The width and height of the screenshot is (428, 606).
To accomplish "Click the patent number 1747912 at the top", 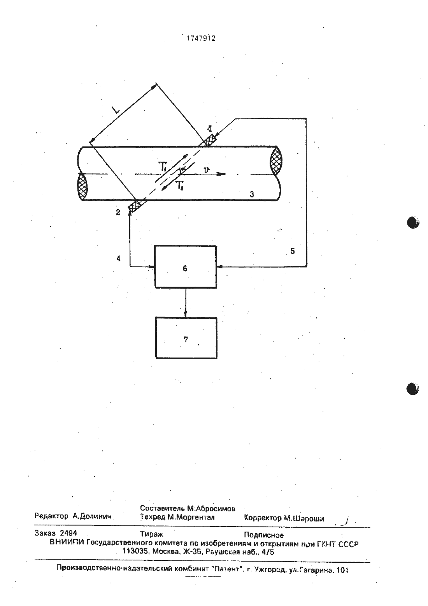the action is point(202,39).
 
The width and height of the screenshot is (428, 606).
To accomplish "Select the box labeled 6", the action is point(185,267).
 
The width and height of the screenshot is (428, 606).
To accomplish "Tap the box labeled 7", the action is point(186,338).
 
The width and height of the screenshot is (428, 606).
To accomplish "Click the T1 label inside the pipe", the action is point(163,167).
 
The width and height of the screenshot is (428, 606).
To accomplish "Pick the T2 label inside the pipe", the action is point(180,186).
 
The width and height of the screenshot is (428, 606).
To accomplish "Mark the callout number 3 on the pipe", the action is point(252,194).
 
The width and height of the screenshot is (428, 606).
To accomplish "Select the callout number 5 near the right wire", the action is point(293,251).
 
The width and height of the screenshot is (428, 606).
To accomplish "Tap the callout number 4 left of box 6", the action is point(118,259).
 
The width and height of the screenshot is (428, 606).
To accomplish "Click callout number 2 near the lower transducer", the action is point(118,212).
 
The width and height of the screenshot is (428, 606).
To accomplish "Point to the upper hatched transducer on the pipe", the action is point(210,140).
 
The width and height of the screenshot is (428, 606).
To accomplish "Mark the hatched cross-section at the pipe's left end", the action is point(82,187).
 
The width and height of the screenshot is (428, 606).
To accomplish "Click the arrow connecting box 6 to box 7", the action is point(186,303).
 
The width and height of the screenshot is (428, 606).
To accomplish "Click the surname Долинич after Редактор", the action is point(92,516).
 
